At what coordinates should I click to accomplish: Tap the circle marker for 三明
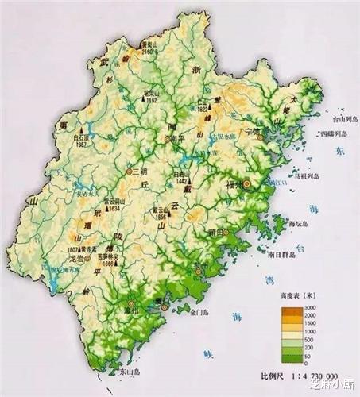(130, 171)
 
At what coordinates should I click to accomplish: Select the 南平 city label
(176, 138)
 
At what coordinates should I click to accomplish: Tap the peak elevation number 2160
(148, 51)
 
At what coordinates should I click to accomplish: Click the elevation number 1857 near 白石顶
(81, 144)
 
